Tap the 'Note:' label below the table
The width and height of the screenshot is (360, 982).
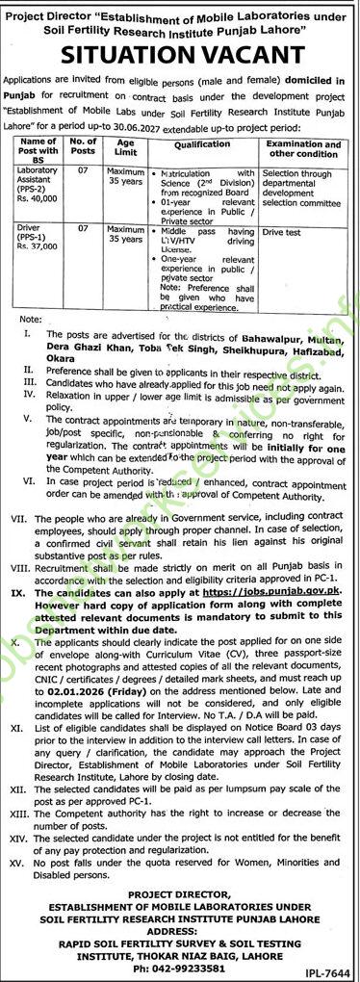tap(30, 317)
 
